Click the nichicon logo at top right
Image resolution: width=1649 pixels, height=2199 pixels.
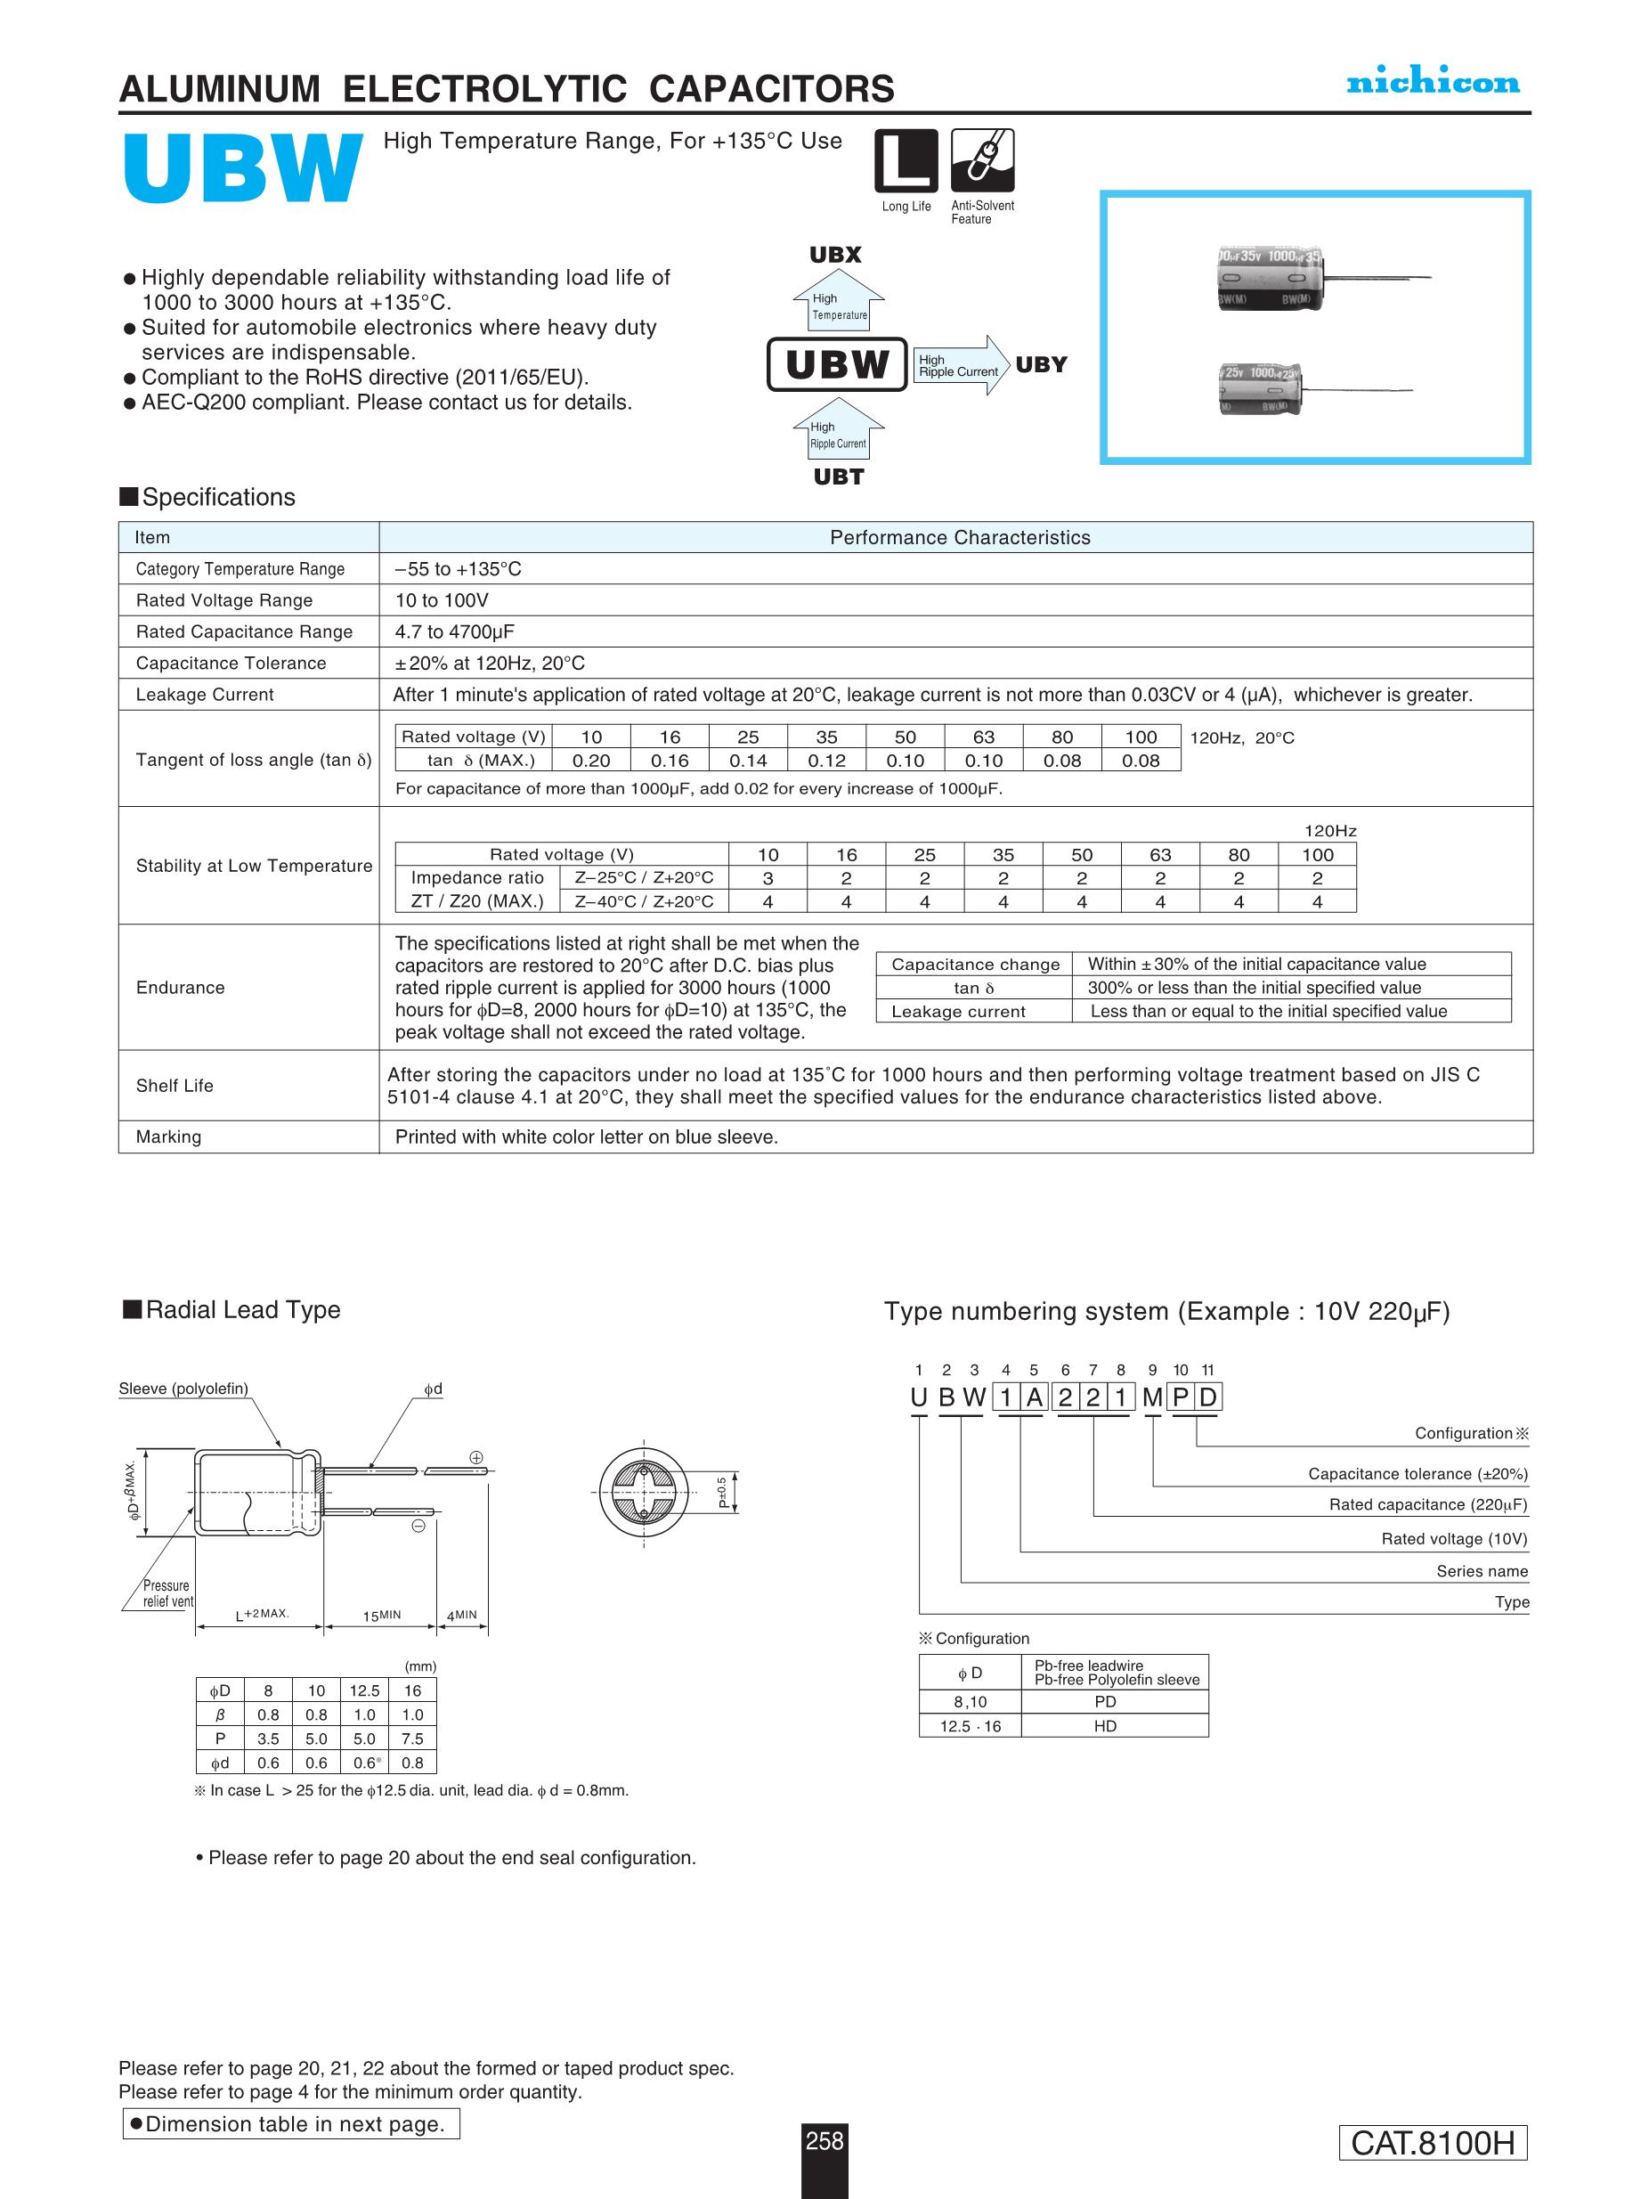point(1433,83)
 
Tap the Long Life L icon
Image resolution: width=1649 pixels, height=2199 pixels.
point(906,160)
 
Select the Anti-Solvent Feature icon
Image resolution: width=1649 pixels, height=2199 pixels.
point(982,160)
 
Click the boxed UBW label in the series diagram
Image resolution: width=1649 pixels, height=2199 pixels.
point(837,365)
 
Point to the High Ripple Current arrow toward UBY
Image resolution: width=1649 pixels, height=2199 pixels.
point(960,365)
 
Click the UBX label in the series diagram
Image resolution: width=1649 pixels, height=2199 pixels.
point(835,255)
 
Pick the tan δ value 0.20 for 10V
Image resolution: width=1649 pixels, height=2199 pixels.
point(591,761)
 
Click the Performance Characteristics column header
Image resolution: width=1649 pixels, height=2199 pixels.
point(959,537)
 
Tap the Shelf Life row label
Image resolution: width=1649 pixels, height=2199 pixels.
point(175,1086)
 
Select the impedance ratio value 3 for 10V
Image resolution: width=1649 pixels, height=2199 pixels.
point(768,878)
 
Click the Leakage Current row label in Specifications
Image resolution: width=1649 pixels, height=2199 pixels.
point(205,694)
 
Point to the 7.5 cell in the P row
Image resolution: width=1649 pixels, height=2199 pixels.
point(412,1739)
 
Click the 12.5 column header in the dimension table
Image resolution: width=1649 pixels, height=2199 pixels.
point(364,1690)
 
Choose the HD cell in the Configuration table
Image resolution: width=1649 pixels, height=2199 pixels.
point(1105,1726)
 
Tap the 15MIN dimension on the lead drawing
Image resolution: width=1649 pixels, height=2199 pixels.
point(381,1616)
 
